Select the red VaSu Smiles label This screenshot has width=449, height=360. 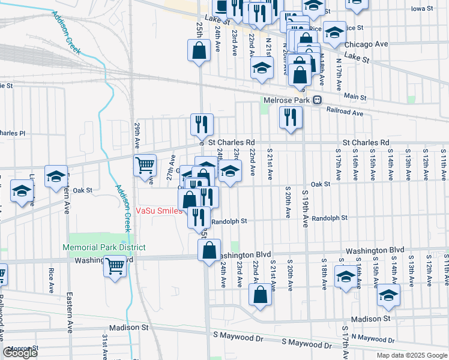click(158, 211)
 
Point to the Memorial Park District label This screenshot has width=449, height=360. click(104, 247)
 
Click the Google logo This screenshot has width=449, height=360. click(20, 353)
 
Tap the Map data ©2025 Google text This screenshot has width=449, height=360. click(411, 355)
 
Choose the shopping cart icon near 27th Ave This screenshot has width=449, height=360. click(145, 165)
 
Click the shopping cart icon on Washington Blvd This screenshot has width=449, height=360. click(115, 265)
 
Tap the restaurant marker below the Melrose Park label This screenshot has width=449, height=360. click(291, 117)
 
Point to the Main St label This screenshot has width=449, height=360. click(355, 96)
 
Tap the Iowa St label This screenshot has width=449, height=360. click(423, 9)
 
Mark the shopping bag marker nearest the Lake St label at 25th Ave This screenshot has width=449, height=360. click(199, 52)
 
